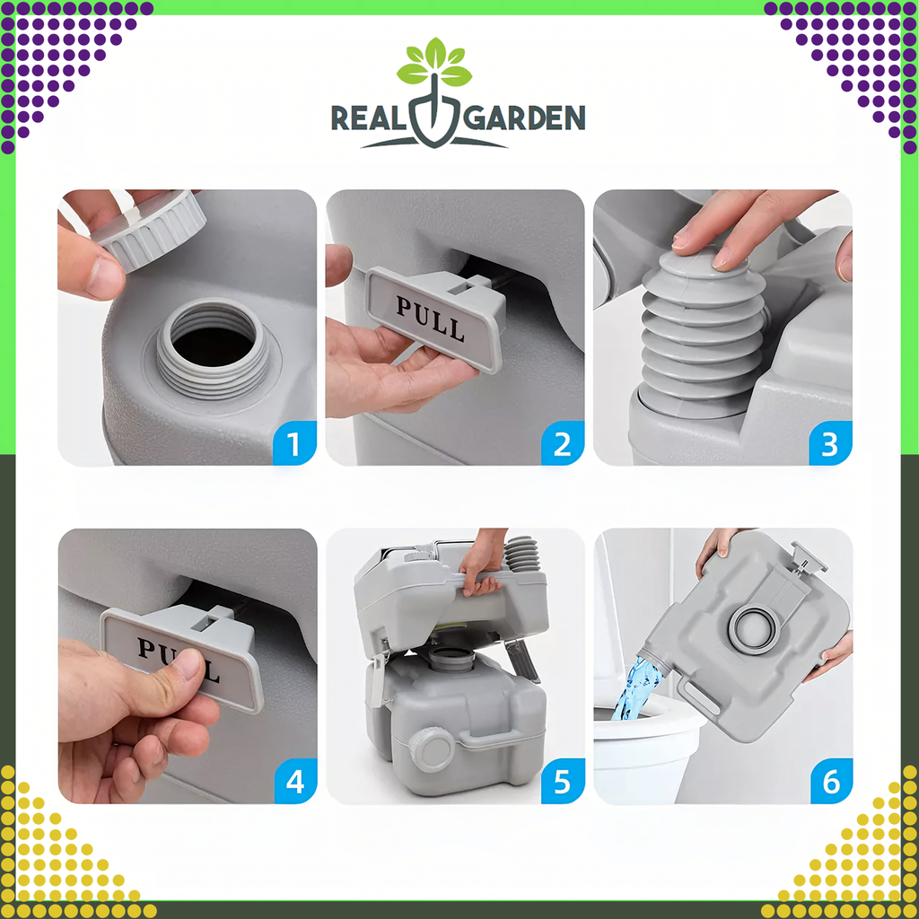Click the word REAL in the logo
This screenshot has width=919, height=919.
370,118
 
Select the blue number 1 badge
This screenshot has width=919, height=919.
294,443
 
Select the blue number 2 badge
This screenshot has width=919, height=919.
562,443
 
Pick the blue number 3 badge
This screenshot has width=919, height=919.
830,443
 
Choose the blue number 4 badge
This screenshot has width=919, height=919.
294,782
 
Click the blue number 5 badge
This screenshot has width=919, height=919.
562,782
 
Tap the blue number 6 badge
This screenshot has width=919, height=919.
830,782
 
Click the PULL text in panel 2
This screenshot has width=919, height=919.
432,319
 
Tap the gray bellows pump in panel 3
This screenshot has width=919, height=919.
704,332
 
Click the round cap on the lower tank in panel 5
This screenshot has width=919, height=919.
433,749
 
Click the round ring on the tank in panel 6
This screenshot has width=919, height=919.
752,627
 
